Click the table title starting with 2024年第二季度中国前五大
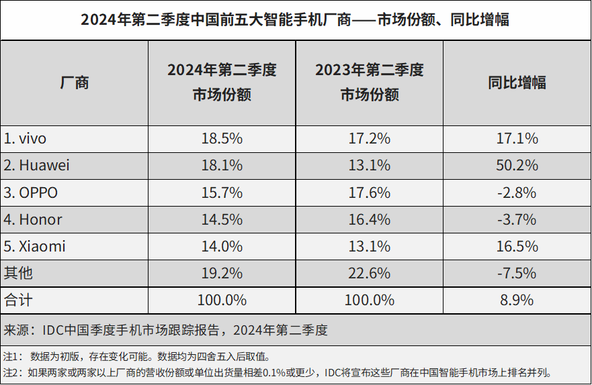296,20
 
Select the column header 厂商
74,82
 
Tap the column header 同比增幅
517,82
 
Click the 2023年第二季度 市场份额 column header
369,82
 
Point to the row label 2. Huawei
36,166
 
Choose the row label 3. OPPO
31,192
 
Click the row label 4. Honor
33,219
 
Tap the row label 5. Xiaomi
35,246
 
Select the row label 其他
18,273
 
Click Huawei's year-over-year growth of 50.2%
517,166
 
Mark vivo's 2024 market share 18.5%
222,139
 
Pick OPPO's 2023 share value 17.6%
369,192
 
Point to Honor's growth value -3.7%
517,219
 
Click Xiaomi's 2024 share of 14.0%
222,246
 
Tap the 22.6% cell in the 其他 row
369,273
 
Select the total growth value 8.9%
517,300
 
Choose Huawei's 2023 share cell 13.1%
369,166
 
